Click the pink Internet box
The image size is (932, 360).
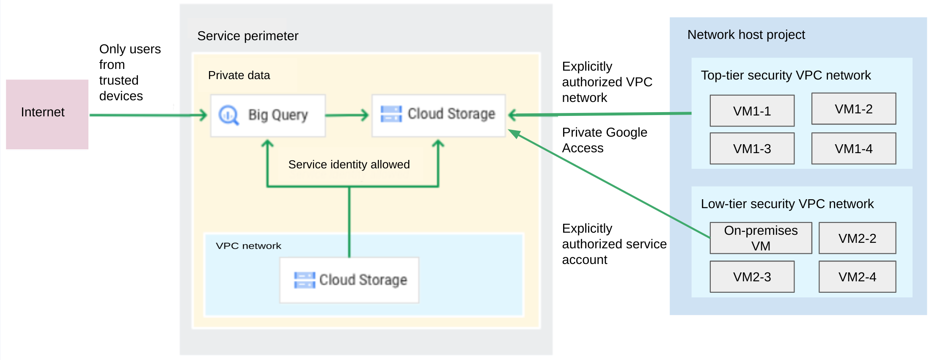coord(47,114)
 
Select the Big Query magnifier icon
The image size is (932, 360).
coord(229,115)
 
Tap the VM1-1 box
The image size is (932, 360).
coord(752,111)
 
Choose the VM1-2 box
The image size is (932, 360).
coord(853,109)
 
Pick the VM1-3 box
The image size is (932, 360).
coord(752,148)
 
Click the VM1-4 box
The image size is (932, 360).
coord(853,148)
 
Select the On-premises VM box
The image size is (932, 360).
coord(761,238)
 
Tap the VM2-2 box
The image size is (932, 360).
coord(857,238)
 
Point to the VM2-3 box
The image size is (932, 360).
coord(752,277)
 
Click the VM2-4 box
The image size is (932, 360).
coord(857,277)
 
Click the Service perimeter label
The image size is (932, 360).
coord(247,36)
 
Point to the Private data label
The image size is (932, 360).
coord(239,75)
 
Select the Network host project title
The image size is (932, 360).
coord(746,35)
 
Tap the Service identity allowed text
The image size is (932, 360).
coord(349,164)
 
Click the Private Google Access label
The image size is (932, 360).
coord(604,140)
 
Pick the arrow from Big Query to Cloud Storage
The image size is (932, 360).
coord(347,115)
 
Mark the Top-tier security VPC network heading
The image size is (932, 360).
coord(786,75)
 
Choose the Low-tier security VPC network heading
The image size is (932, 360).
coord(787,204)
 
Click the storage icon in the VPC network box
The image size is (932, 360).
coord(305,280)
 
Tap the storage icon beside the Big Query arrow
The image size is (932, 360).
coord(391,114)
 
